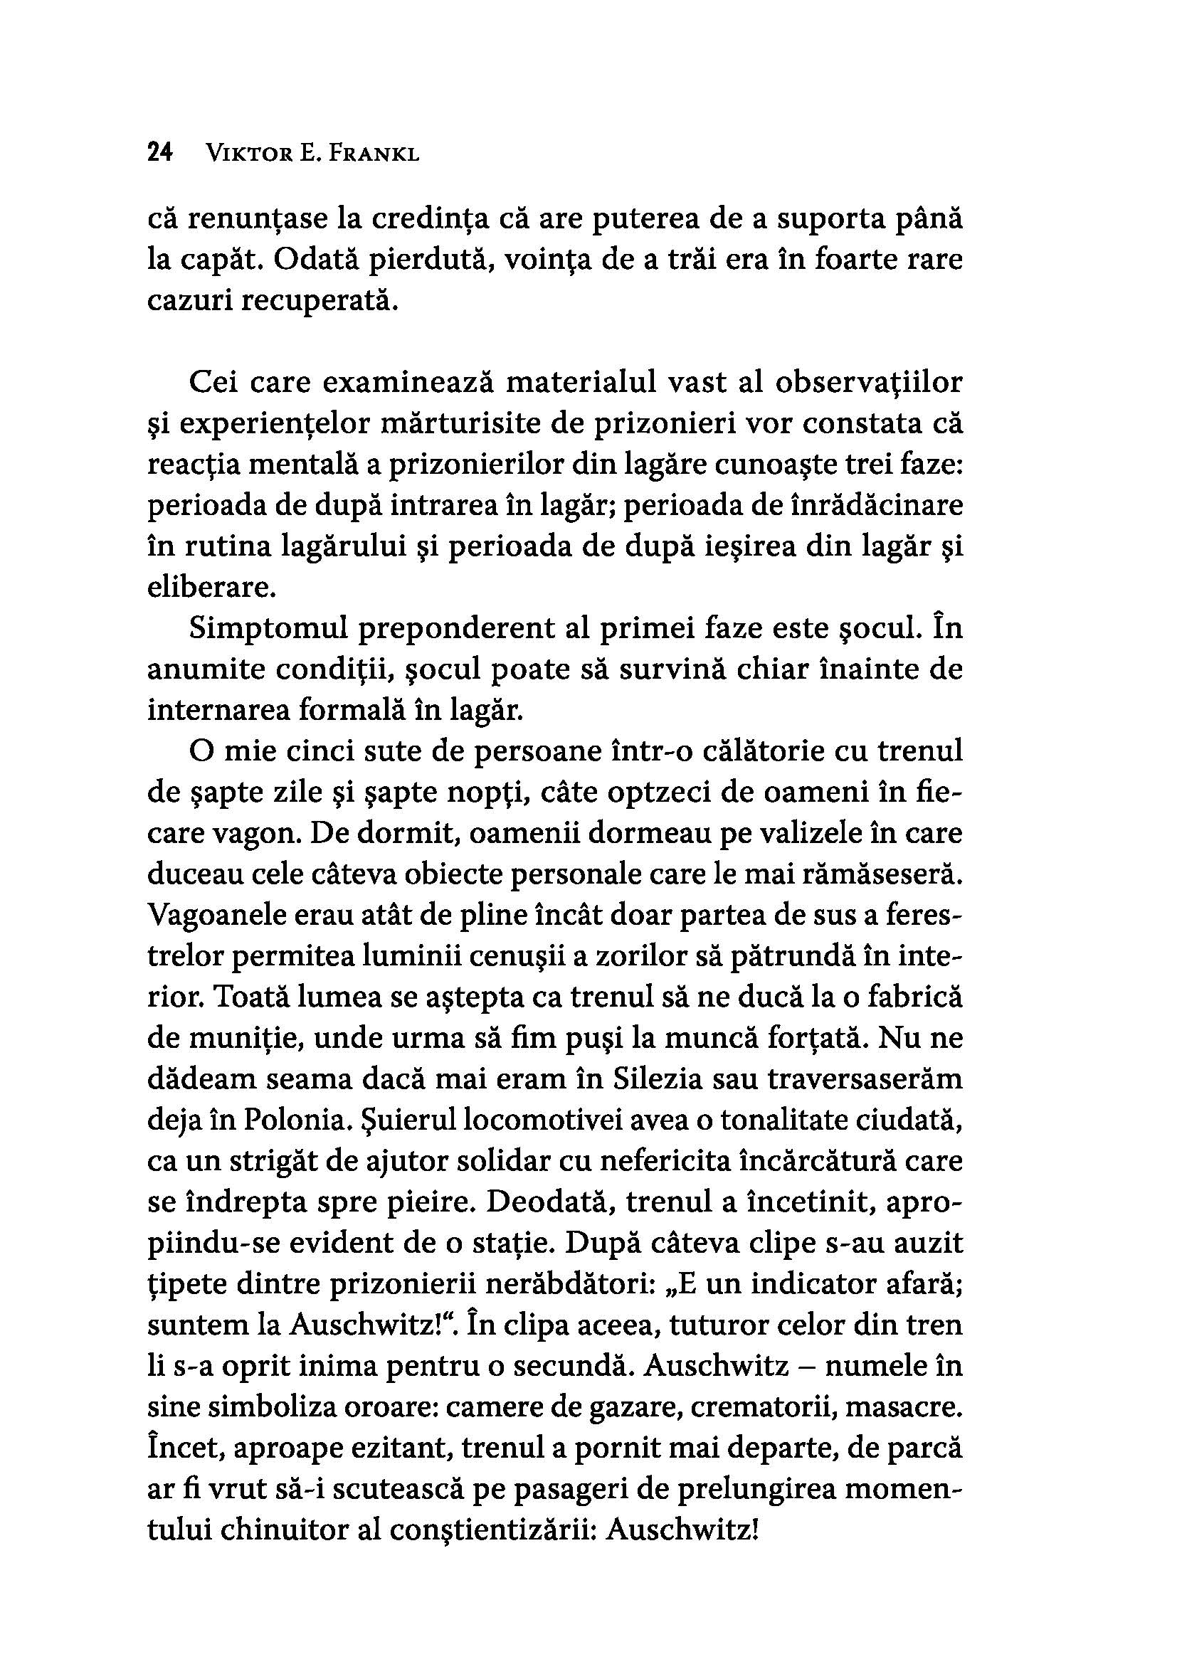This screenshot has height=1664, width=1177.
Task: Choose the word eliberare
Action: pyautogui.click(x=211, y=588)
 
